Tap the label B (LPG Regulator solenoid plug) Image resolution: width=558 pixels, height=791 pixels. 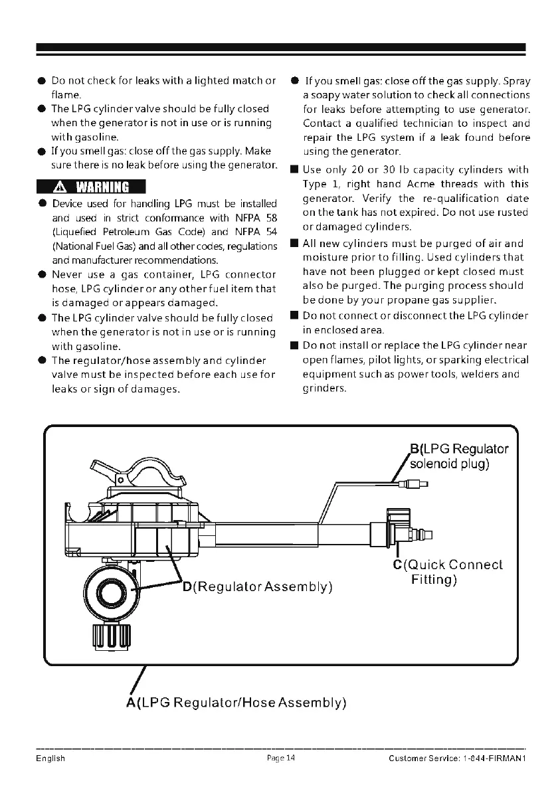pyautogui.click(x=459, y=456)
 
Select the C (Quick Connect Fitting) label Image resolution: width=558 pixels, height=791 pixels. pyautogui.click(x=448, y=572)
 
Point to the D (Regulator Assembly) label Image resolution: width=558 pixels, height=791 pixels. pyautogui.click(x=257, y=587)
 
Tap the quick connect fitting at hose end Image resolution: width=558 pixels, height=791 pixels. pyautogui.click(x=422, y=531)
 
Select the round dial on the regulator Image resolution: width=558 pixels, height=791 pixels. pyautogui.click(x=112, y=587)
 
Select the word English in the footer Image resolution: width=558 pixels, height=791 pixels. pyautogui.click(x=50, y=758)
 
